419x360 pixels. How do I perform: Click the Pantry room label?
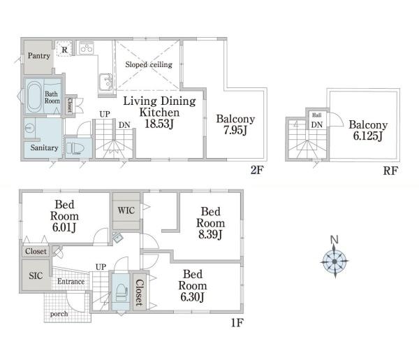pyautogui.click(x=39, y=56)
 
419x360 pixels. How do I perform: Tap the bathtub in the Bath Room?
pyautogui.click(x=34, y=96)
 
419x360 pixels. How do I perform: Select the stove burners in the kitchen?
pyautogui.click(x=87, y=48)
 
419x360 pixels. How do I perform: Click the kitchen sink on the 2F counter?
pyautogui.click(x=105, y=82)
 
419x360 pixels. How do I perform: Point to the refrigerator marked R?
pyautogui.click(x=64, y=49)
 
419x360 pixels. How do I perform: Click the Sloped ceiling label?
pyautogui.click(x=149, y=64)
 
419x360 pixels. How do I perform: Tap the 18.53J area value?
pyautogui.click(x=159, y=124)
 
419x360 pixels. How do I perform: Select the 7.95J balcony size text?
pyautogui.click(x=235, y=130)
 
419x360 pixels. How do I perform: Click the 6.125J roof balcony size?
pyautogui.click(x=368, y=136)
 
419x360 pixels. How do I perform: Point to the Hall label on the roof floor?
pyautogui.click(x=316, y=115)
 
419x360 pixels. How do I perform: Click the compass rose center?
pyautogui.click(x=335, y=261)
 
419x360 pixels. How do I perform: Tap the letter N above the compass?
pyautogui.click(x=335, y=239)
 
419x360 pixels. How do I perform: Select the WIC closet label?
pyautogui.click(x=126, y=210)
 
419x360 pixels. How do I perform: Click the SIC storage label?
pyautogui.click(x=36, y=275)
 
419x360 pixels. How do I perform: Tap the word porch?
pyautogui.click(x=59, y=314)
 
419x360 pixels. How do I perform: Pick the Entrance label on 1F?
pyautogui.click(x=71, y=282)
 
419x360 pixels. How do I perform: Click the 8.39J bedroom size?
pyautogui.click(x=210, y=235)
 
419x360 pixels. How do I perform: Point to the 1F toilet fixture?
pyautogui.click(x=121, y=293)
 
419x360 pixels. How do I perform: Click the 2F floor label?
pyautogui.click(x=257, y=170)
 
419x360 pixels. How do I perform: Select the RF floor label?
pyautogui.click(x=390, y=171)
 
